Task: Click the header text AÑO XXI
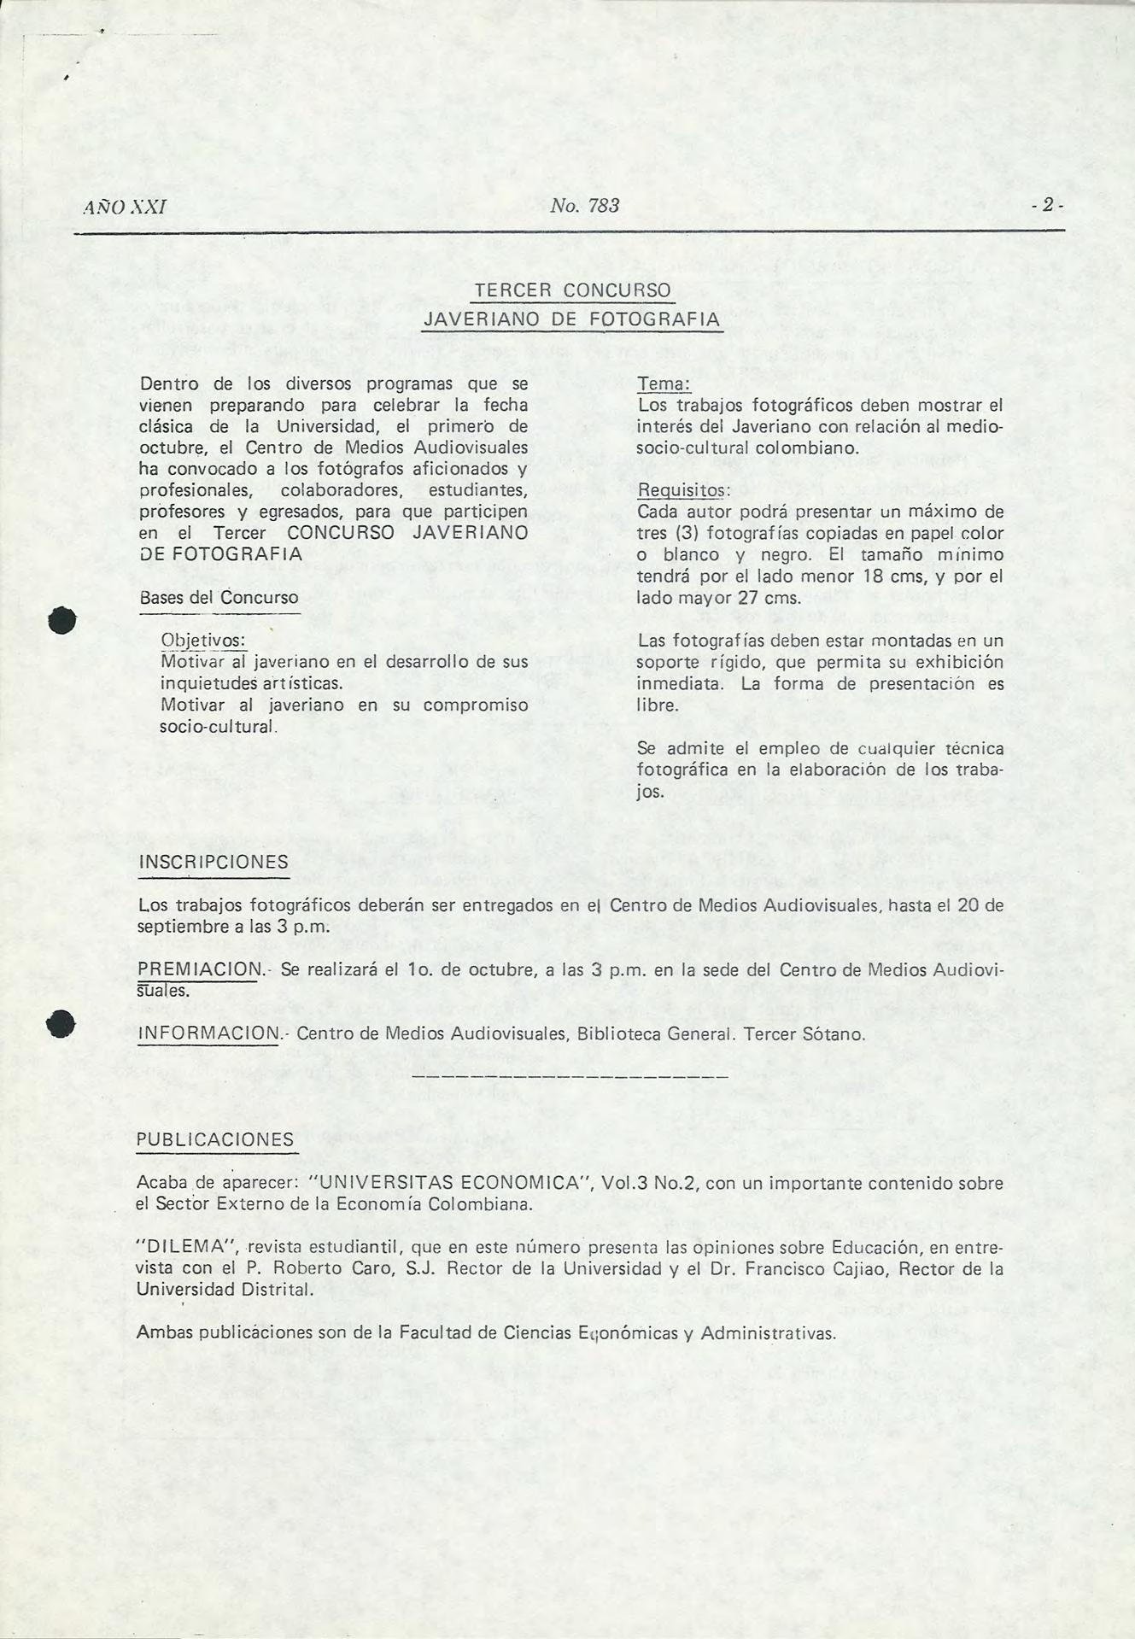[125, 207]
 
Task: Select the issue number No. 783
[584, 206]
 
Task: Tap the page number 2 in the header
[1047, 206]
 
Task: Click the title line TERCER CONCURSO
[572, 290]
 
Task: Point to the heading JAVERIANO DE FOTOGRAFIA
[572, 319]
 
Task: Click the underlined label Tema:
[663, 385]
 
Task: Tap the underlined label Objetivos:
[203, 641]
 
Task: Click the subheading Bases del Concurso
[219, 598]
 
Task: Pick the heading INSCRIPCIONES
[214, 862]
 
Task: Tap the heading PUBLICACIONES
[215, 1140]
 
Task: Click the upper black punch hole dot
[62, 619]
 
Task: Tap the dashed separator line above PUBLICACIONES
[570, 1078]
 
